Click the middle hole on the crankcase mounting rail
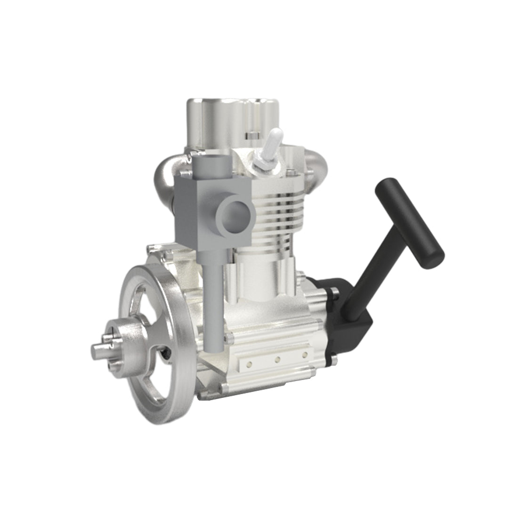pyautogui.click(x=278, y=359)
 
